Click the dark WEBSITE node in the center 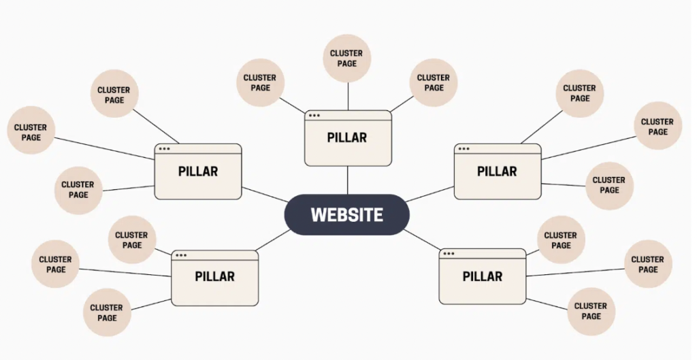pyautogui.click(x=346, y=215)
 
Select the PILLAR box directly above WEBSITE pyautogui.click(x=348, y=138)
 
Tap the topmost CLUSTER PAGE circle pyautogui.click(x=347, y=59)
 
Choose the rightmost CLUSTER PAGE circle pyautogui.click(x=658, y=125)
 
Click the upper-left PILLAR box pyautogui.click(x=197, y=171)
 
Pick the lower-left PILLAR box pyautogui.click(x=214, y=278)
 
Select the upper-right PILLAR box pyautogui.click(x=498, y=171)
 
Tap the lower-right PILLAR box pyautogui.click(x=482, y=277)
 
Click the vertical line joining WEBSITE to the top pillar pyautogui.click(x=348, y=180)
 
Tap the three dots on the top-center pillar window pyautogui.click(x=314, y=116)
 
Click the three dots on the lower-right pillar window pyautogui.click(x=448, y=255)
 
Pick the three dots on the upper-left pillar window pyautogui.click(x=164, y=149)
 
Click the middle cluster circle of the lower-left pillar pyautogui.click(x=56, y=264)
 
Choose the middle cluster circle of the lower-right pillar pyautogui.click(x=648, y=264)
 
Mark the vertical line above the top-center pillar pyautogui.click(x=348, y=96)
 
